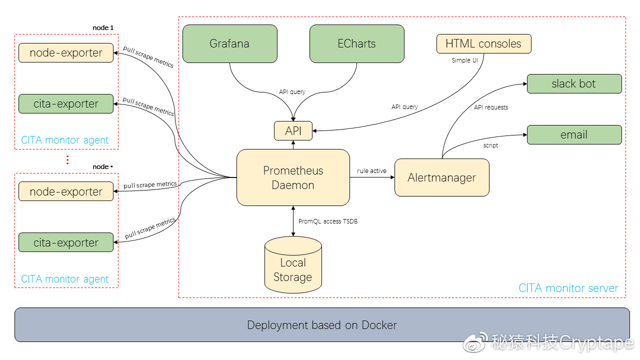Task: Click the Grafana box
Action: (x=229, y=43)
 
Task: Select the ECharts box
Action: (x=356, y=43)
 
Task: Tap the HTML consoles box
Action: (x=483, y=43)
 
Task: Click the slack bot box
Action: (x=574, y=83)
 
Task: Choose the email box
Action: (x=574, y=134)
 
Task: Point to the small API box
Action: (x=293, y=131)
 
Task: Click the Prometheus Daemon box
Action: (x=293, y=177)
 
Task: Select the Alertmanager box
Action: (x=441, y=177)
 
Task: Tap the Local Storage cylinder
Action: (x=293, y=264)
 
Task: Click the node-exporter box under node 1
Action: (x=66, y=53)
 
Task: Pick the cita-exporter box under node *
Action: (x=66, y=242)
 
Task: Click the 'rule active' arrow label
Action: (x=371, y=171)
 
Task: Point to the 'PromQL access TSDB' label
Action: (x=328, y=221)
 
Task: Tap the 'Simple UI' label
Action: (x=465, y=60)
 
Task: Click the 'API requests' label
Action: (x=491, y=107)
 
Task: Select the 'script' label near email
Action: (x=490, y=145)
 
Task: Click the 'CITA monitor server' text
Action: (x=568, y=288)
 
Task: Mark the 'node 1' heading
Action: (x=103, y=27)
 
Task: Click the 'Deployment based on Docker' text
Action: (x=322, y=325)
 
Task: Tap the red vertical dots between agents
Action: (x=67, y=160)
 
